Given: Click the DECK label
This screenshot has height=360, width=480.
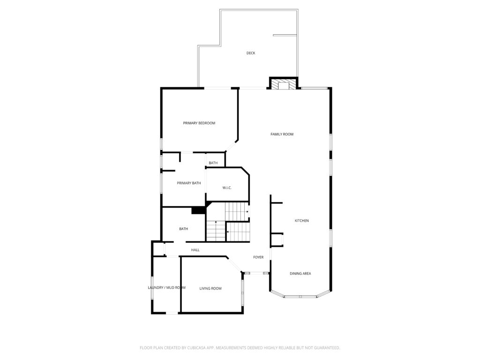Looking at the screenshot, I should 251,53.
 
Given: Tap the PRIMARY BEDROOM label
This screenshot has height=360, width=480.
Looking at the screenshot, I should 199,123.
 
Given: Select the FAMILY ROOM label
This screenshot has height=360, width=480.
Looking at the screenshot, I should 282,134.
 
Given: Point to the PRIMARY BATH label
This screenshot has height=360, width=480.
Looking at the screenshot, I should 188,183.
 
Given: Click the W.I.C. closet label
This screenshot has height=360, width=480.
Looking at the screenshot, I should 227,188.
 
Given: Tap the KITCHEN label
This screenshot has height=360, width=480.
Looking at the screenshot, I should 301,220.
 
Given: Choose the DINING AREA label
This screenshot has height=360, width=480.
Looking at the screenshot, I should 300,273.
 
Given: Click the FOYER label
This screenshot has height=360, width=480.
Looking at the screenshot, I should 258,257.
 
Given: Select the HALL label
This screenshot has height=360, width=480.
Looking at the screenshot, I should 195,250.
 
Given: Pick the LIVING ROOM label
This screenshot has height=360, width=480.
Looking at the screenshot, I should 210,288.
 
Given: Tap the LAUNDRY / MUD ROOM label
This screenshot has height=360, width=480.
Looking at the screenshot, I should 166,287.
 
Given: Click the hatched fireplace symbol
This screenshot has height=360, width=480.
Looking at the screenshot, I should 283,85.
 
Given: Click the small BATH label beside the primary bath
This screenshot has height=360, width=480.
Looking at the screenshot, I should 213,163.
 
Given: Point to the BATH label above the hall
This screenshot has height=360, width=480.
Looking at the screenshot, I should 183,229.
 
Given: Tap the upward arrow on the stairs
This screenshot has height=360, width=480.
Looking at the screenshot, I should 216,223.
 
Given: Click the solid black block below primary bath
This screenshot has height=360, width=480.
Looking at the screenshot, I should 199,210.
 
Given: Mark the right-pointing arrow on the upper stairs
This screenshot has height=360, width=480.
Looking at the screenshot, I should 247,212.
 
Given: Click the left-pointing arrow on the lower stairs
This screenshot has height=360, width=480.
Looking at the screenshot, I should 228,231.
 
